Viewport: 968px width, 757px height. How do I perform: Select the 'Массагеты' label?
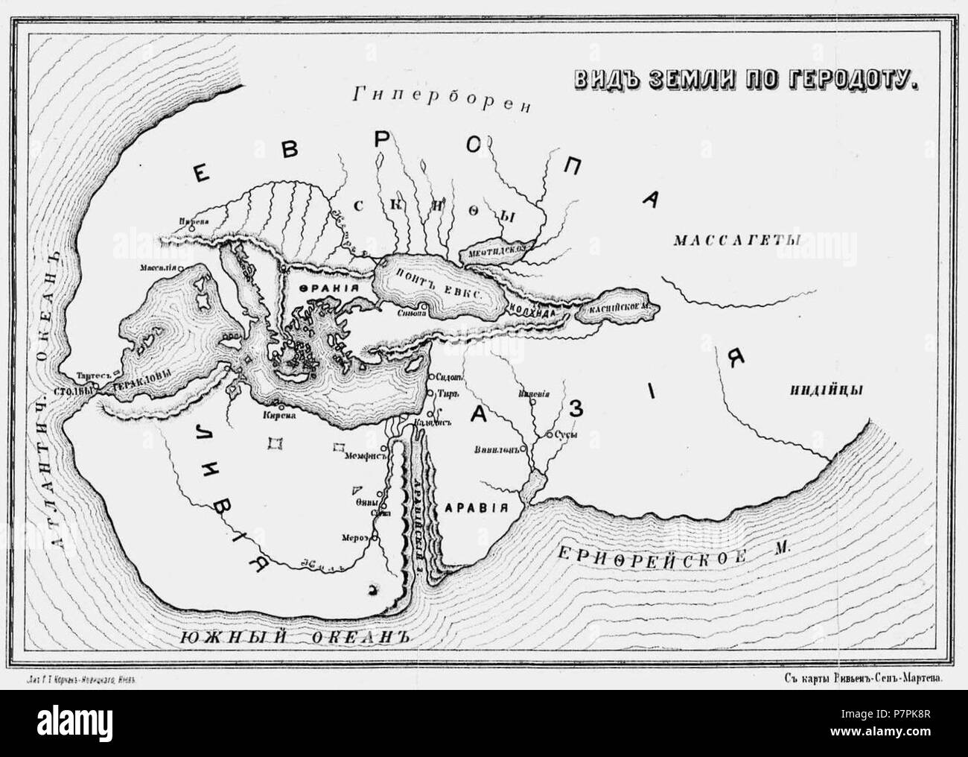pyautogui.click(x=736, y=241)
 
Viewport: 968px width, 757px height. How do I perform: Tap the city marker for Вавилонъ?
pyautogui.click(x=523, y=449)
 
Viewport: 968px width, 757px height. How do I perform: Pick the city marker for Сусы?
pyautogui.click(x=549, y=434)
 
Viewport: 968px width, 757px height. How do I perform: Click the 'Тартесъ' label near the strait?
pyautogui.click(x=91, y=376)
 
